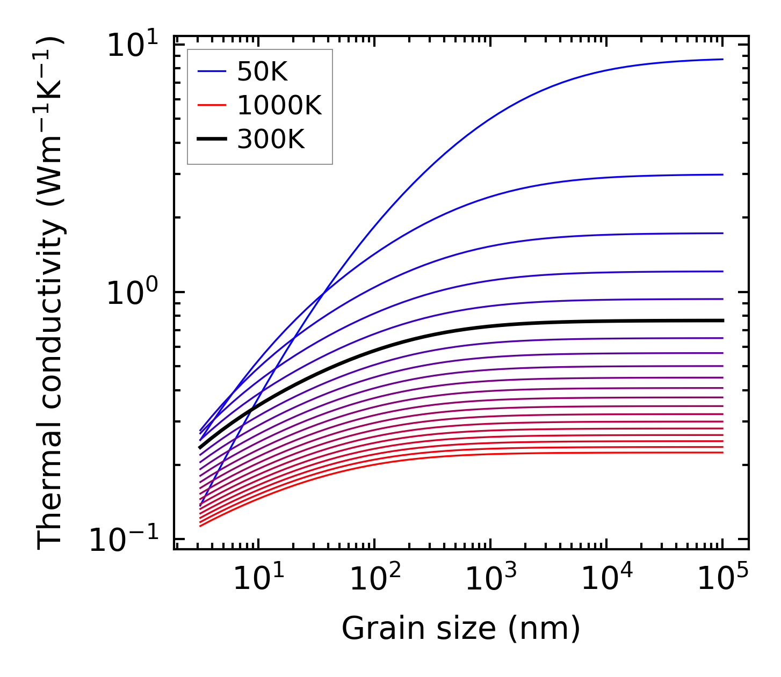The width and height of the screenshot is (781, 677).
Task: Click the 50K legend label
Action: (262, 71)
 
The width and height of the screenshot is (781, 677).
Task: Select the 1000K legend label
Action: (279, 106)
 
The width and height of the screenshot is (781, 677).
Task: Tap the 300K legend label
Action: (271, 140)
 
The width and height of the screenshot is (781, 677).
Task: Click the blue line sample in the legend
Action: (212, 71)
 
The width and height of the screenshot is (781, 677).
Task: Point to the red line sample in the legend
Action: (212, 106)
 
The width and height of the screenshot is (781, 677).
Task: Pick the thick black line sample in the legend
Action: (212, 140)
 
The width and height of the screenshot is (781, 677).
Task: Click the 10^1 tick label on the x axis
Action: (259, 578)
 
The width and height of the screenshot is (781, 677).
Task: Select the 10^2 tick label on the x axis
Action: (375, 578)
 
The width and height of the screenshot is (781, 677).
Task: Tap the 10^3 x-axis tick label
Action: (491, 578)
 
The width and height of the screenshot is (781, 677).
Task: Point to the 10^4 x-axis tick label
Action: (607, 578)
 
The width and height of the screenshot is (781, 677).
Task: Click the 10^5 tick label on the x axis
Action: (723, 578)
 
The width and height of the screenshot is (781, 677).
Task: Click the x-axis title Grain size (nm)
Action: (461, 628)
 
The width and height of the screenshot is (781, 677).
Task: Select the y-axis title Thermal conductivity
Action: (51, 293)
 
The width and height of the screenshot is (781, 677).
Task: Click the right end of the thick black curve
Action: (723, 321)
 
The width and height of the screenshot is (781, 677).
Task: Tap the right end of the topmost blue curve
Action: (723, 59)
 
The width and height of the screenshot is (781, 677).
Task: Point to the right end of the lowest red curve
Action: (723, 453)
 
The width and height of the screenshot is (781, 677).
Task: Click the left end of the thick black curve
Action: (200, 447)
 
